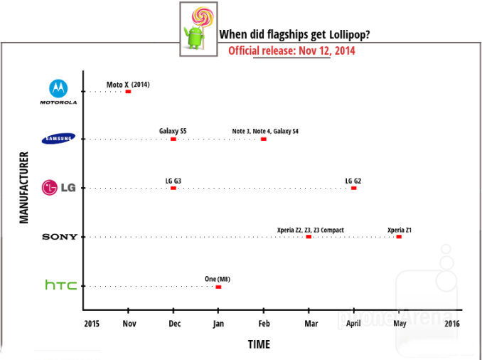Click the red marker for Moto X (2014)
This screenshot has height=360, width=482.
[128, 91]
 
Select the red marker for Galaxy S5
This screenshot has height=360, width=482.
[173, 139]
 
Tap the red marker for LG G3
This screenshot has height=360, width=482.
[173, 188]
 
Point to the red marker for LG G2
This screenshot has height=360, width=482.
[353, 188]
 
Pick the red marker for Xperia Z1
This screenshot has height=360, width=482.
[399, 237]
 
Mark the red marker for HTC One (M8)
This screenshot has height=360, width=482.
[218, 287]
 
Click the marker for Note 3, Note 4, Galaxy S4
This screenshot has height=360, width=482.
[264, 139]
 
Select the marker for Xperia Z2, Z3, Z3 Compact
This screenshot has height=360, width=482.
[309, 237]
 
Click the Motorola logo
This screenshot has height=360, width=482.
[58, 92]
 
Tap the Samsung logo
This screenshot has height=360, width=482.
[58, 139]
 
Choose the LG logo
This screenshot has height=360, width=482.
[58, 188]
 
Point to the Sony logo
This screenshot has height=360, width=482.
[60, 237]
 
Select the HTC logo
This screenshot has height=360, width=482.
[60, 285]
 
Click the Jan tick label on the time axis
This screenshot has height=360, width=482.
[218, 323]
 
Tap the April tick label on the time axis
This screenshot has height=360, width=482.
[353, 323]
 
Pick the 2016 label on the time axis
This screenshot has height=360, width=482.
[451, 323]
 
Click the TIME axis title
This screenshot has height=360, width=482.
[259, 345]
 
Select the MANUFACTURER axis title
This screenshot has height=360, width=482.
[24, 187]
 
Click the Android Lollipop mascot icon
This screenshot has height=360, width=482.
[195, 29]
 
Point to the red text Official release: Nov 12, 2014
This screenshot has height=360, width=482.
[291, 51]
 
